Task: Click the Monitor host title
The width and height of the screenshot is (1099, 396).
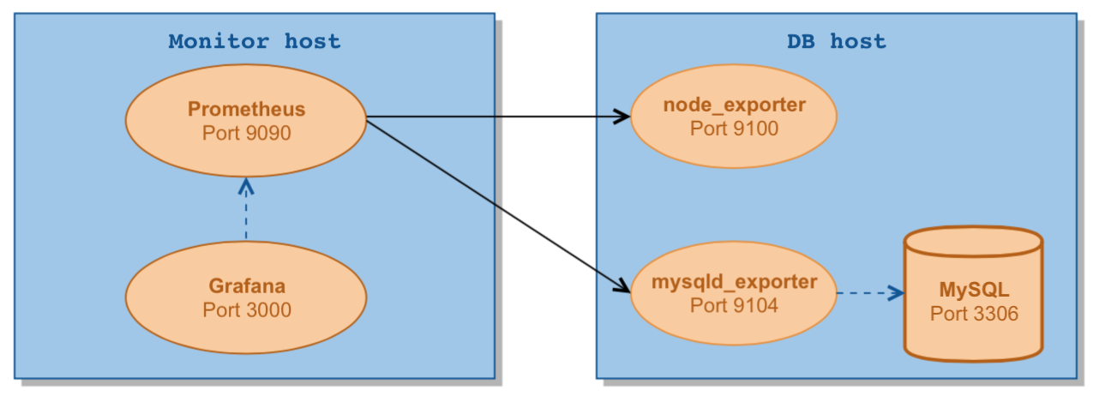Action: [x=254, y=41]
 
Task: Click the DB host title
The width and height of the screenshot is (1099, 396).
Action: [x=836, y=41]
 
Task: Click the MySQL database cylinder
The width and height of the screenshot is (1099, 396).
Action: [x=973, y=334]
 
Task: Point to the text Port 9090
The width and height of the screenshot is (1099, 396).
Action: [x=247, y=134]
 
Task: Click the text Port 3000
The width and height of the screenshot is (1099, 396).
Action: [x=247, y=310]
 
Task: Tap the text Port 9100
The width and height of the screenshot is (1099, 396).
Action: [x=734, y=129]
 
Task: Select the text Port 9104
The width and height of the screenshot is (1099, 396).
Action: [x=734, y=305]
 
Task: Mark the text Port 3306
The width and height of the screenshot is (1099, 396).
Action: [x=974, y=314]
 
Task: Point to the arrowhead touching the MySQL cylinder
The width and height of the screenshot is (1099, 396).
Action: [x=897, y=293]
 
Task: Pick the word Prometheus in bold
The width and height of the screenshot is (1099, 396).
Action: [x=247, y=110]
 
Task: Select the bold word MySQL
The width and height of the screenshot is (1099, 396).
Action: [x=974, y=290]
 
